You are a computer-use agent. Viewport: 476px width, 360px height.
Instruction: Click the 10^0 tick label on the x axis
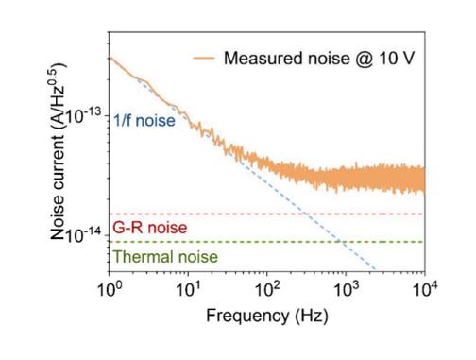tap(110, 289)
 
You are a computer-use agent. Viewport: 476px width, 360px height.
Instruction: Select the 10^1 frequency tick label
tap(188, 289)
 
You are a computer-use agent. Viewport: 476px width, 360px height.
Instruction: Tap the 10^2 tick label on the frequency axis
tap(267, 289)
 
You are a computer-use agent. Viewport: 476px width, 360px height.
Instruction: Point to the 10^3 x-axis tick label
tap(347, 289)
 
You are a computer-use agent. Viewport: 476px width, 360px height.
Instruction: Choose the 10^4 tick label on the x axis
tap(425, 289)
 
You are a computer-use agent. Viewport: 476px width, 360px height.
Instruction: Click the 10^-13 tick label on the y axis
tap(83, 116)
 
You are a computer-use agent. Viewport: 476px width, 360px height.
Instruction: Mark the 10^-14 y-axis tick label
tap(83, 235)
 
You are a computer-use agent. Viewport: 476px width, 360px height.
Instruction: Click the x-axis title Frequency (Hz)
tap(267, 316)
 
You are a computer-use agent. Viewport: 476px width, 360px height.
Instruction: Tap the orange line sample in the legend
tap(204, 58)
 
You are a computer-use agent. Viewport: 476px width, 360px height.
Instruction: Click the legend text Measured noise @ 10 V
tap(319, 59)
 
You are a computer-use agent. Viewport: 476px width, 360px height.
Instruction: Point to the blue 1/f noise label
tap(144, 121)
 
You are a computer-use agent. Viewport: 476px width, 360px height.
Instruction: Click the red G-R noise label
tap(150, 228)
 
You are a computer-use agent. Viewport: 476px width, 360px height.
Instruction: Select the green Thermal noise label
tap(165, 257)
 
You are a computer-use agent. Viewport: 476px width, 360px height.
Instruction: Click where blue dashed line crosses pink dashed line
tap(305, 214)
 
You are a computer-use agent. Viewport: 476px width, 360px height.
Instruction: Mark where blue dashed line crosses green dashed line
tap(341, 242)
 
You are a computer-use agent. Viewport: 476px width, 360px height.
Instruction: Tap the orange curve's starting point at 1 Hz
tap(110, 58)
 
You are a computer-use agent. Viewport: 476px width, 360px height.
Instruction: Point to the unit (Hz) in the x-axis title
tap(312, 316)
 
